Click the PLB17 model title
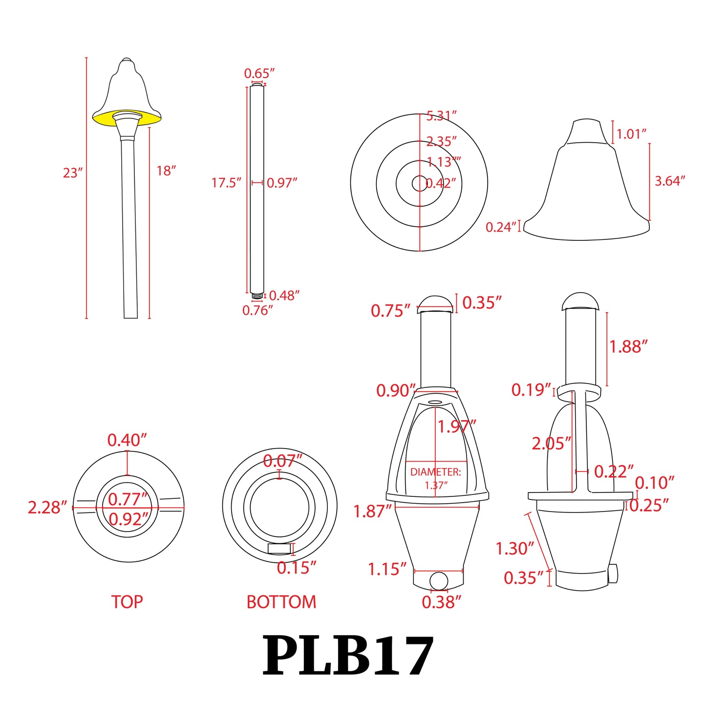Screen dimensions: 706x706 (348, 656)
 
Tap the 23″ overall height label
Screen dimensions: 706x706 (73, 173)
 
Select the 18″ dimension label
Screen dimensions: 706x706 (166, 171)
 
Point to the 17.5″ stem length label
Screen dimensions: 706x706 (226, 183)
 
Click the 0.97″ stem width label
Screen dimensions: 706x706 (282, 183)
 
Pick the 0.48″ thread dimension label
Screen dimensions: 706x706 (284, 296)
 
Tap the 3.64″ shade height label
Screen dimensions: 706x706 (670, 181)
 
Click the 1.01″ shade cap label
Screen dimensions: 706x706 (632, 134)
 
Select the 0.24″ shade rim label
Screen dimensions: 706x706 (501, 227)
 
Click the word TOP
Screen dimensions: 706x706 (127, 602)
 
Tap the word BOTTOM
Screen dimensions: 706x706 (281, 602)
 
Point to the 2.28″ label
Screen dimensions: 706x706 (47, 508)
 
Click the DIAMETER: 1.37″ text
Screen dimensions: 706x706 (435, 478)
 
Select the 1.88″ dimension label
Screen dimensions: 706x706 (628, 347)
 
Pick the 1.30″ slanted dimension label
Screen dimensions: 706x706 (515, 549)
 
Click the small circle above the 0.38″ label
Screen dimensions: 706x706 (438, 580)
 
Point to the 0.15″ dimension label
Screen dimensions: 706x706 (297, 568)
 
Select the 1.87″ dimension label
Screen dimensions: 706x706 (373, 512)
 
